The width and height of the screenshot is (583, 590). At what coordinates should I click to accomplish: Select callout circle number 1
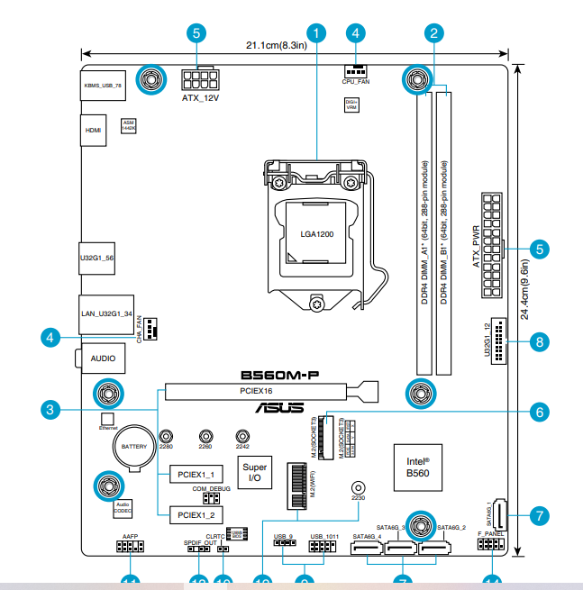(317, 33)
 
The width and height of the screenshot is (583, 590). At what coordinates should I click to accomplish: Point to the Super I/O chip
(255, 472)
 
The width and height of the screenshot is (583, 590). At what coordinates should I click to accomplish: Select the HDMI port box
(94, 130)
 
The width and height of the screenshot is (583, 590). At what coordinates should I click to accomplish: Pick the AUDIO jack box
(103, 359)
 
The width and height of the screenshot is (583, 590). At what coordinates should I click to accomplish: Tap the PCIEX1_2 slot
(195, 515)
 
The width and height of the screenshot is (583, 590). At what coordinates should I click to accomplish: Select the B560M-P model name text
(281, 374)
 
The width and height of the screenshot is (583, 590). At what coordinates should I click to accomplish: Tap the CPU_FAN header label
(356, 81)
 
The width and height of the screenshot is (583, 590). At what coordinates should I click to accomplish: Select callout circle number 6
(539, 412)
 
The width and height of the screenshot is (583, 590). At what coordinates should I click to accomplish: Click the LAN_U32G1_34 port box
(106, 313)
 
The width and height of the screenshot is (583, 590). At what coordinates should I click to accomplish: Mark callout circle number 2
(434, 33)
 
